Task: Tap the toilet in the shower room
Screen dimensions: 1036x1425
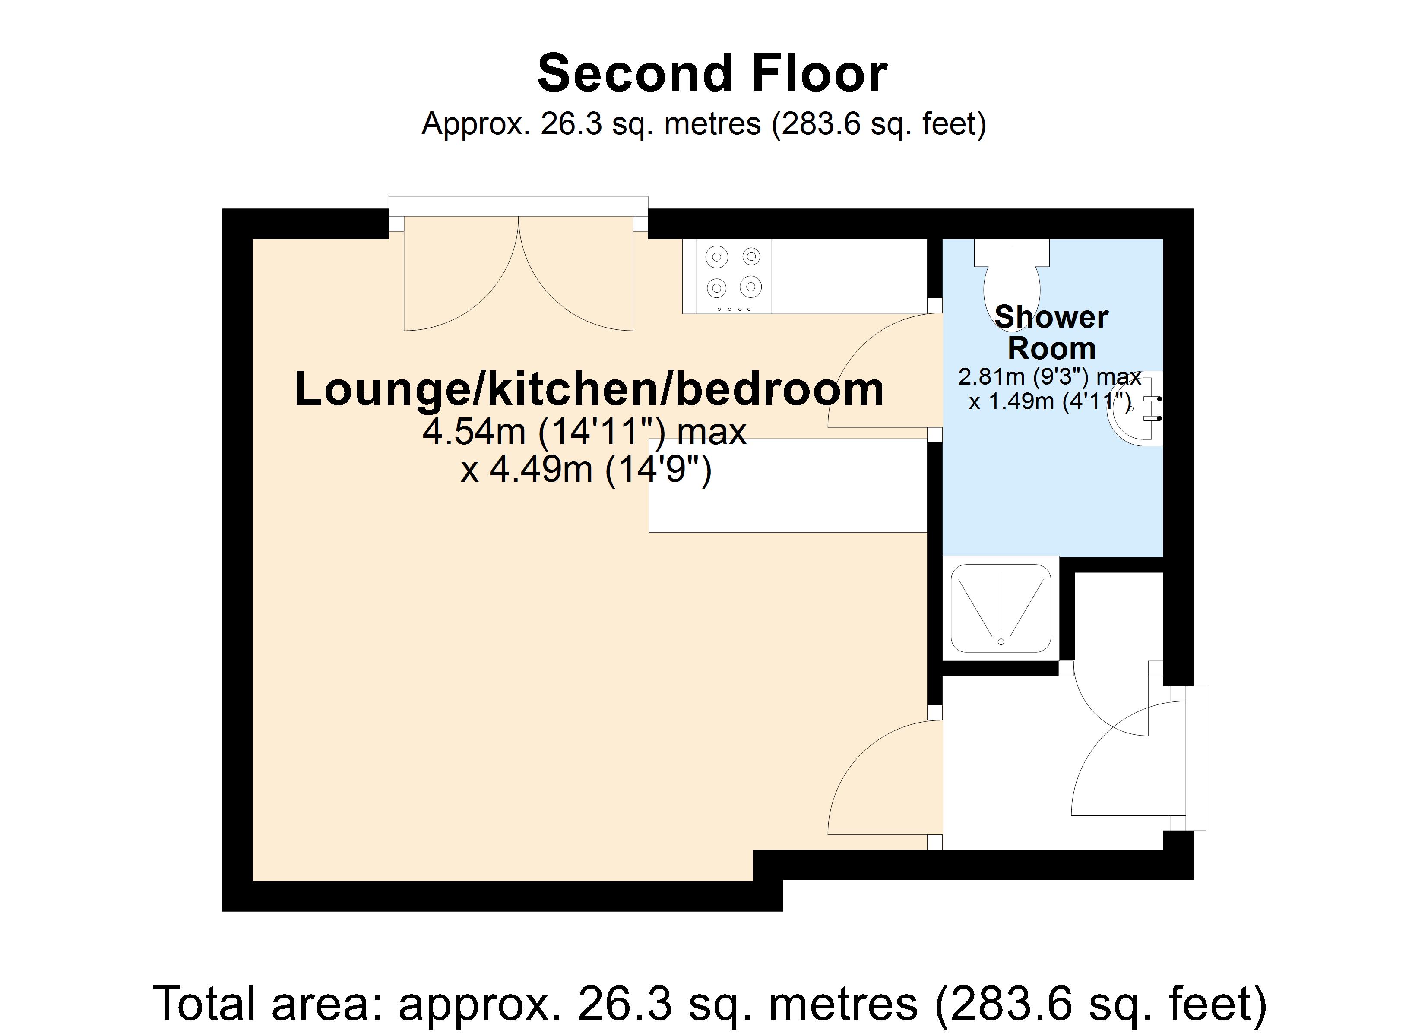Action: [x=1012, y=280]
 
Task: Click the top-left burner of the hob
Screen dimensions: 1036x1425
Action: [x=717, y=257]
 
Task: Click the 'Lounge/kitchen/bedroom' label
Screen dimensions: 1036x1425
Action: [x=589, y=389]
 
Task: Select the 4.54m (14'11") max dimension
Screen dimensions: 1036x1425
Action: [x=584, y=432]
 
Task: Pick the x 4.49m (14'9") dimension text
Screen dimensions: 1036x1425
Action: [x=586, y=469]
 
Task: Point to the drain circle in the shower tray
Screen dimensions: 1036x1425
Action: [x=1001, y=641]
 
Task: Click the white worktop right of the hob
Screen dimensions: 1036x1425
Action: [x=848, y=276]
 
